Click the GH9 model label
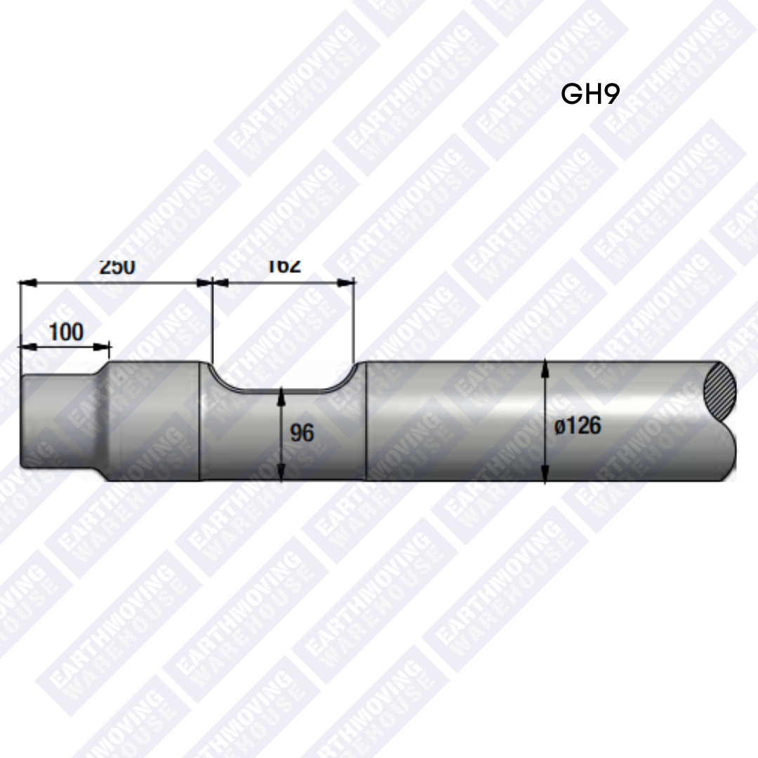(x=590, y=94)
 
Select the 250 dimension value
(x=117, y=267)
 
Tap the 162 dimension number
(x=284, y=266)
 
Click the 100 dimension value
(x=66, y=331)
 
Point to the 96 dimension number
(x=302, y=433)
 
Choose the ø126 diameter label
(x=578, y=426)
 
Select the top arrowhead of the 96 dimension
(x=281, y=394)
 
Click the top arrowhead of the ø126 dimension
(x=545, y=367)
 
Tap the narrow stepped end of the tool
(x=60, y=422)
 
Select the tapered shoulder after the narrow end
(x=105, y=421)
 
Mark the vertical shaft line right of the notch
(x=367, y=421)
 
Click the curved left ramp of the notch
(x=223, y=378)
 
